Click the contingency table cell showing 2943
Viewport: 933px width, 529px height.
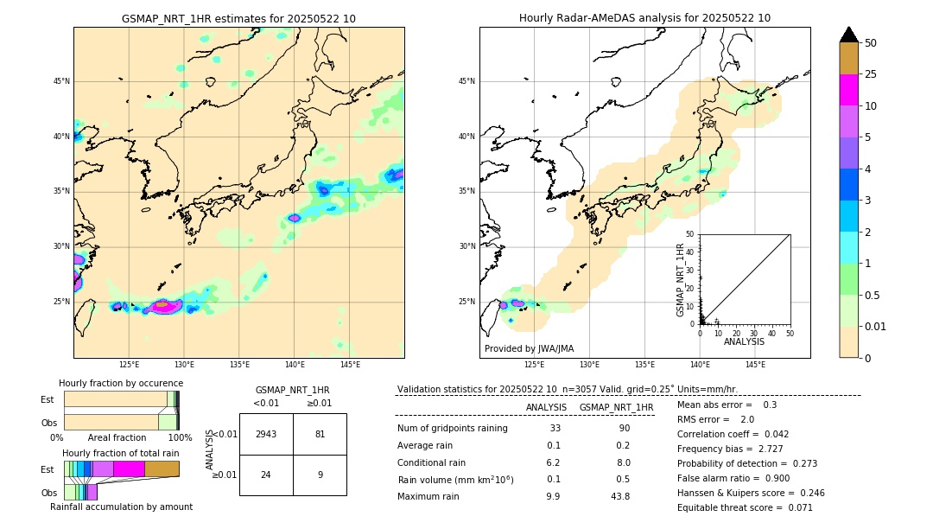pyautogui.click(x=266, y=434)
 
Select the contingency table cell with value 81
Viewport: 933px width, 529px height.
pyautogui.click(x=320, y=434)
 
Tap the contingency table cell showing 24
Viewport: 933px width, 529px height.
pyautogui.click(x=266, y=474)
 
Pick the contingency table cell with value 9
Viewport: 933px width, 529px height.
pyautogui.click(x=320, y=474)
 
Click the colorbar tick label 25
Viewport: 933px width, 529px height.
pyautogui.click(x=871, y=74)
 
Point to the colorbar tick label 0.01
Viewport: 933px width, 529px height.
pyautogui.click(x=876, y=326)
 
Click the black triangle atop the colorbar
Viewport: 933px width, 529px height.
pyautogui.click(x=849, y=35)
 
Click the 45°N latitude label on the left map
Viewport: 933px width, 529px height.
pyautogui.click(x=61, y=81)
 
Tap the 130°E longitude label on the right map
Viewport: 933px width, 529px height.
pyautogui.click(x=590, y=365)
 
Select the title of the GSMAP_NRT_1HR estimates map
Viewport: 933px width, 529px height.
pyautogui.click(x=238, y=18)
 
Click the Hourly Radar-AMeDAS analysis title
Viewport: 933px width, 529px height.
pyautogui.click(x=644, y=18)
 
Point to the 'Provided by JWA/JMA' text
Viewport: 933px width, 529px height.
pyautogui.click(x=529, y=348)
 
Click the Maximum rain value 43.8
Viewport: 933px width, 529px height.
pyautogui.click(x=619, y=496)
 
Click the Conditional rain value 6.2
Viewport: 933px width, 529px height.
pyautogui.click(x=554, y=462)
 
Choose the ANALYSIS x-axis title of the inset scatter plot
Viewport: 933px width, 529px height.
pyautogui.click(x=744, y=341)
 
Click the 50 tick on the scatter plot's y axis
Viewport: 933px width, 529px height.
pyautogui.click(x=690, y=234)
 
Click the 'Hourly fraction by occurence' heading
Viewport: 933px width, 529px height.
pyautogui.click(x=121, y=383)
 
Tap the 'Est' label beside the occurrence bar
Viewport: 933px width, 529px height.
pyautogui.click(x=48, y=399)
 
